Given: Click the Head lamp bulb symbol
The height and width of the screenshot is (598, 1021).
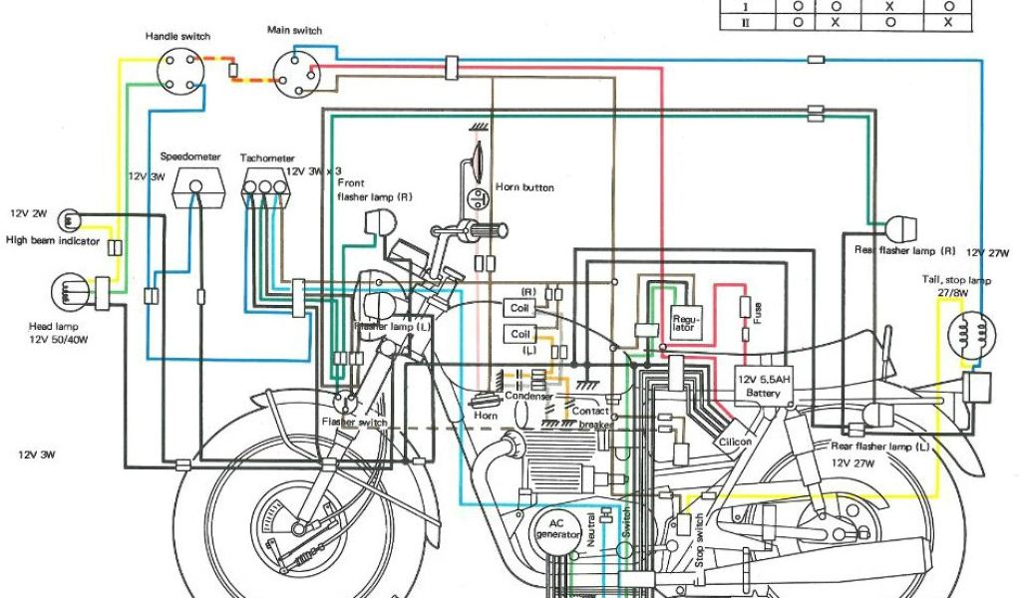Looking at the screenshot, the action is pos(66,294).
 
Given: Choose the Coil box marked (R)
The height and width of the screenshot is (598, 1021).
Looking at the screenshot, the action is pos(521,308).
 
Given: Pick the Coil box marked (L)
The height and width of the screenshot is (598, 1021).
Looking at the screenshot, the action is pos(521,335).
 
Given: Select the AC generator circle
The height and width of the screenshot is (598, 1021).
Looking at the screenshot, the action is pos(557,528).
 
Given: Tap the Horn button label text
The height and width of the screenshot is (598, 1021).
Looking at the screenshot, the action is pos(524,187).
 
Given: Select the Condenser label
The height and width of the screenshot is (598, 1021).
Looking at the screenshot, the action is pos(528,396).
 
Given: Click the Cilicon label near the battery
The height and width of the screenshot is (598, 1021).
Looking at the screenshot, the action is pos(735,442).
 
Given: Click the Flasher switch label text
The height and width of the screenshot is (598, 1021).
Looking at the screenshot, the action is pos(354,423).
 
